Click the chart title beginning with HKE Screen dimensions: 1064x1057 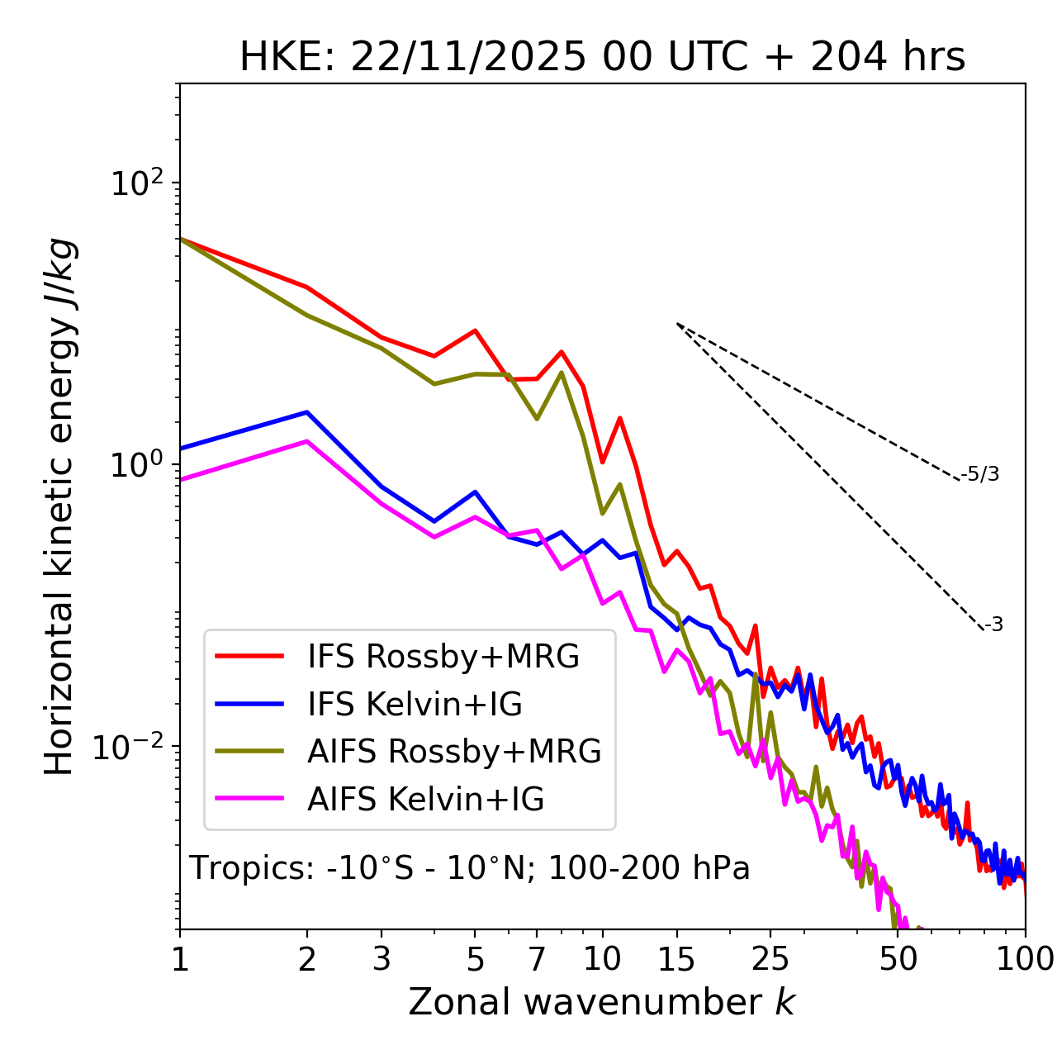point(602,58)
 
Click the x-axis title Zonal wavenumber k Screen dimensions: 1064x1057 point(601,1002)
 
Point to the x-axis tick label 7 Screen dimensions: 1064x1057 point(537,959)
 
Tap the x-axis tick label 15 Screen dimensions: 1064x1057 point(677,959)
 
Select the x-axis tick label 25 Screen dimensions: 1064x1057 point(770,959)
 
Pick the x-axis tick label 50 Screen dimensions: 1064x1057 point(898,959)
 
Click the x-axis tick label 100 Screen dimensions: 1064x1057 point(1025,959)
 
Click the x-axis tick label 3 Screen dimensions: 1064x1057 point(381,959)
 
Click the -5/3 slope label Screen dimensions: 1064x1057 point(980,474)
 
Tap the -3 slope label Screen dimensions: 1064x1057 point(993,625)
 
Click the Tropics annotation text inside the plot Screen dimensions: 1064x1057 point(469,868)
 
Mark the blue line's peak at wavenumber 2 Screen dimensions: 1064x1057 point(307,412)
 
